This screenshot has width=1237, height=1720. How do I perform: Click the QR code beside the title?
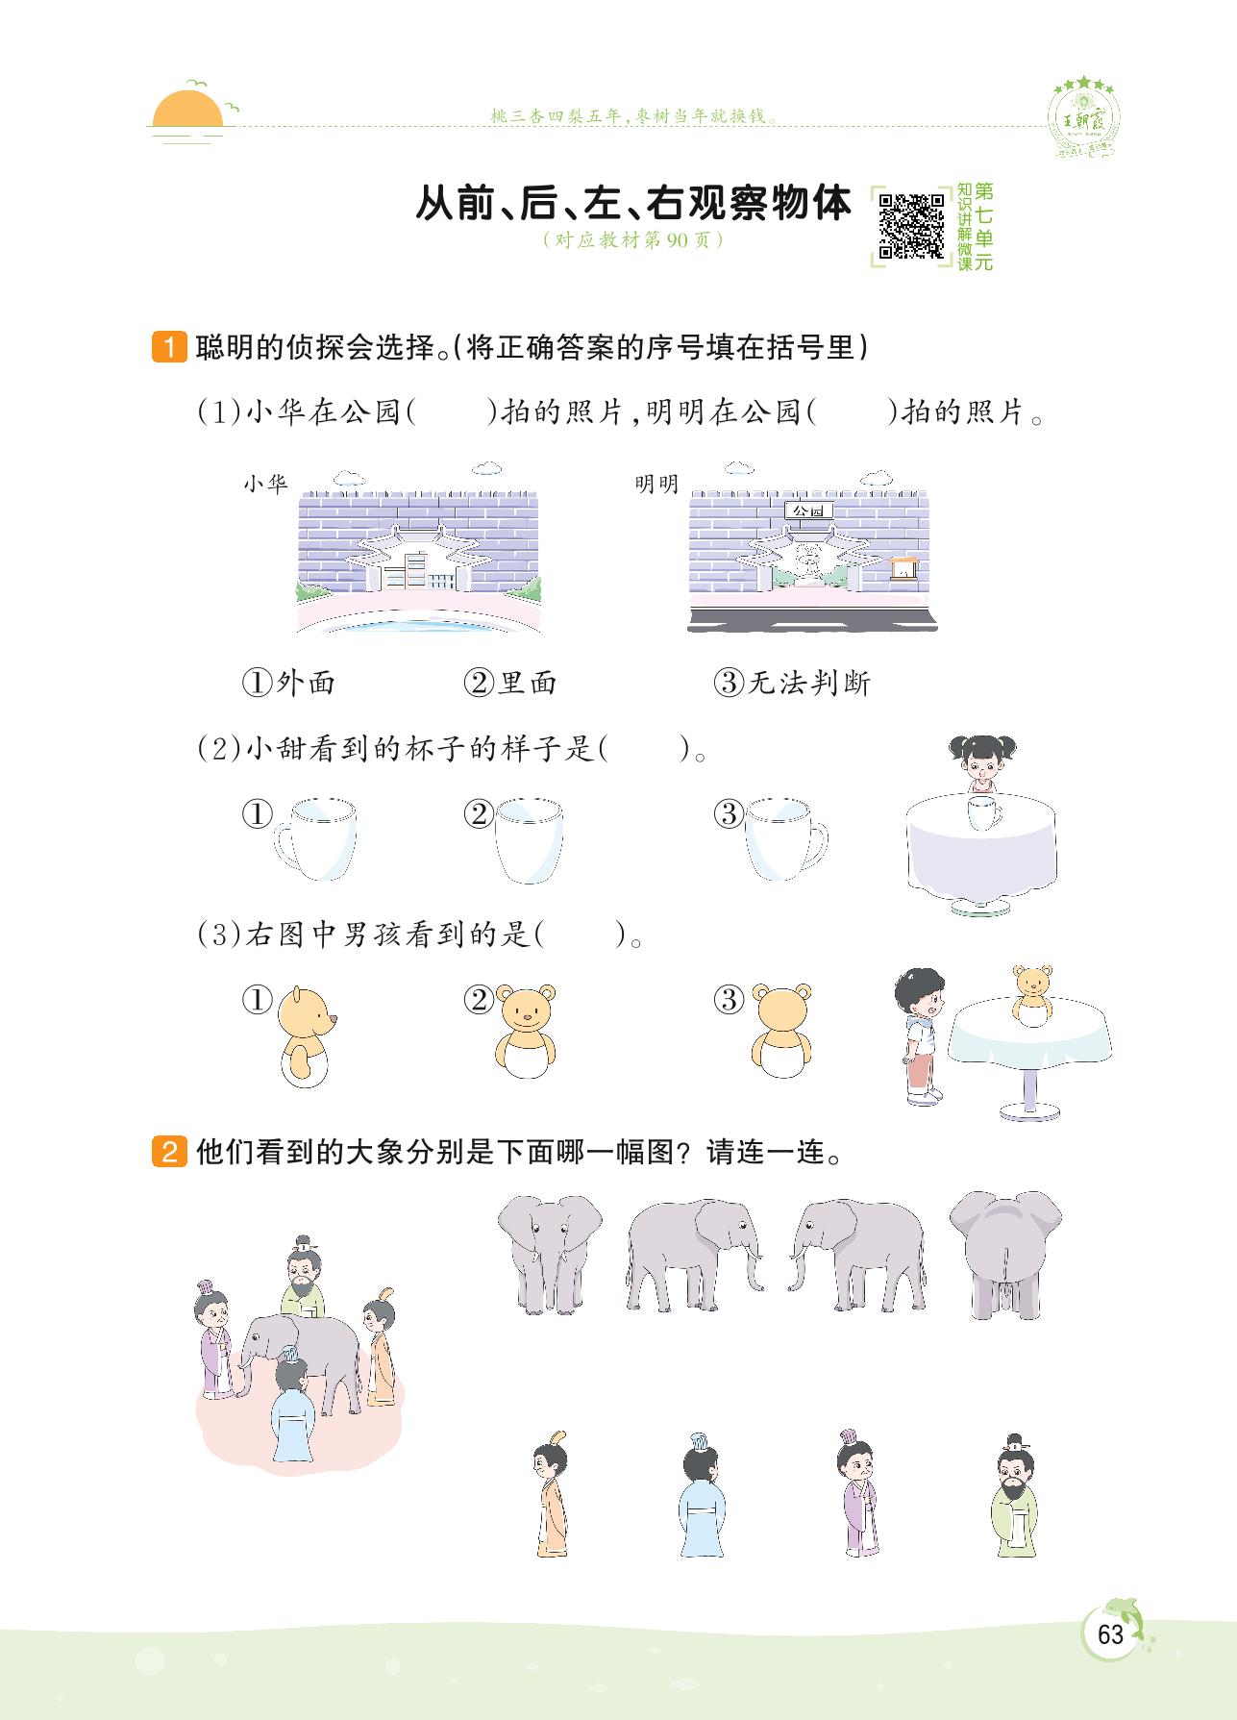(911, 226)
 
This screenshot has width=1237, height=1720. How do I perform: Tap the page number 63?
(1110, 1635)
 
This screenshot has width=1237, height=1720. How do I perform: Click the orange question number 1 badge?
(169, 347)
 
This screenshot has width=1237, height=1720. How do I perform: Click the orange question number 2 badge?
(169, 1151)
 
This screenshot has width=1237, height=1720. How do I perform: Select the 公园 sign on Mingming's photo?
(807, 511)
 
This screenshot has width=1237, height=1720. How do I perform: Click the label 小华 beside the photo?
(265, 484)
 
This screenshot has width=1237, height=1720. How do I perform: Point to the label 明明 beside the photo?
(656, 484)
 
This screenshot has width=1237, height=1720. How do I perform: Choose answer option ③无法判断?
(792, 683)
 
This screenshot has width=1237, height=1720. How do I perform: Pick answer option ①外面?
(288, 683)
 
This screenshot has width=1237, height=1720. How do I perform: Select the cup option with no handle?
(528, 838)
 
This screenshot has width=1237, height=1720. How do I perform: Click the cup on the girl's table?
(983, 811)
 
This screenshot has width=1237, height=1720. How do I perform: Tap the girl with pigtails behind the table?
(981, 763)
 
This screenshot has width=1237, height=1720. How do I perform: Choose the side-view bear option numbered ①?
(306, 1035)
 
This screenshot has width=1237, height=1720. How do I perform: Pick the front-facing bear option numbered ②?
(527, 1034)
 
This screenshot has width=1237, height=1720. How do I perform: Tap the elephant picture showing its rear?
(1004, 1251)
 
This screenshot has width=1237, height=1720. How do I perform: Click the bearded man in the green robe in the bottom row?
(1015, 1495)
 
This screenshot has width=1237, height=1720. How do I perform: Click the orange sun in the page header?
(189, 111)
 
